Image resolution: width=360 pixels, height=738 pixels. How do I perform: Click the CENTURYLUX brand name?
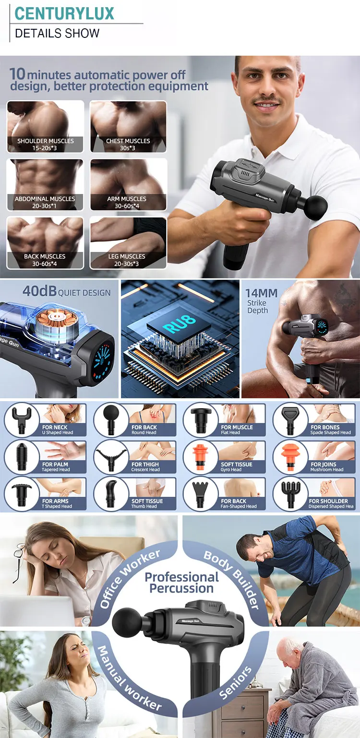click(64, 13)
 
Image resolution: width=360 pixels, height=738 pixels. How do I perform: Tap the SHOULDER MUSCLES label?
click(46, 141)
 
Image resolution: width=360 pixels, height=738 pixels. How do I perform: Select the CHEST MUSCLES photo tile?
click(128, 126)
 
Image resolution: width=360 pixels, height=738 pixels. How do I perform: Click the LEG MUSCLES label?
click(127, 256)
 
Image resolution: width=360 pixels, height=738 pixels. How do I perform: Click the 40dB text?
click(39, 291)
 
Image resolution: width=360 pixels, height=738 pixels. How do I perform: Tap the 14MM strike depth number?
click(262, 293)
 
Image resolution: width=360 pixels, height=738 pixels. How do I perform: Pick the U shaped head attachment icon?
click(21, 419)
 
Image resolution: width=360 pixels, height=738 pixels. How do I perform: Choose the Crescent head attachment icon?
click(111, 457)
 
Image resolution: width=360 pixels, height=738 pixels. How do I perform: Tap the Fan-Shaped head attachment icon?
click(200, 493)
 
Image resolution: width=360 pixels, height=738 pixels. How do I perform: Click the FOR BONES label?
click(325, 427)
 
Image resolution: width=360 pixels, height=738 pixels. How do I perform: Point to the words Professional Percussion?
click(181, 583)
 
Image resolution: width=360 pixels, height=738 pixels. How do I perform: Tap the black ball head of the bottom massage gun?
click(127, 622)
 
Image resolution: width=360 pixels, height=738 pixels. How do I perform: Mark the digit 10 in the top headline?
click(17, 74)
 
